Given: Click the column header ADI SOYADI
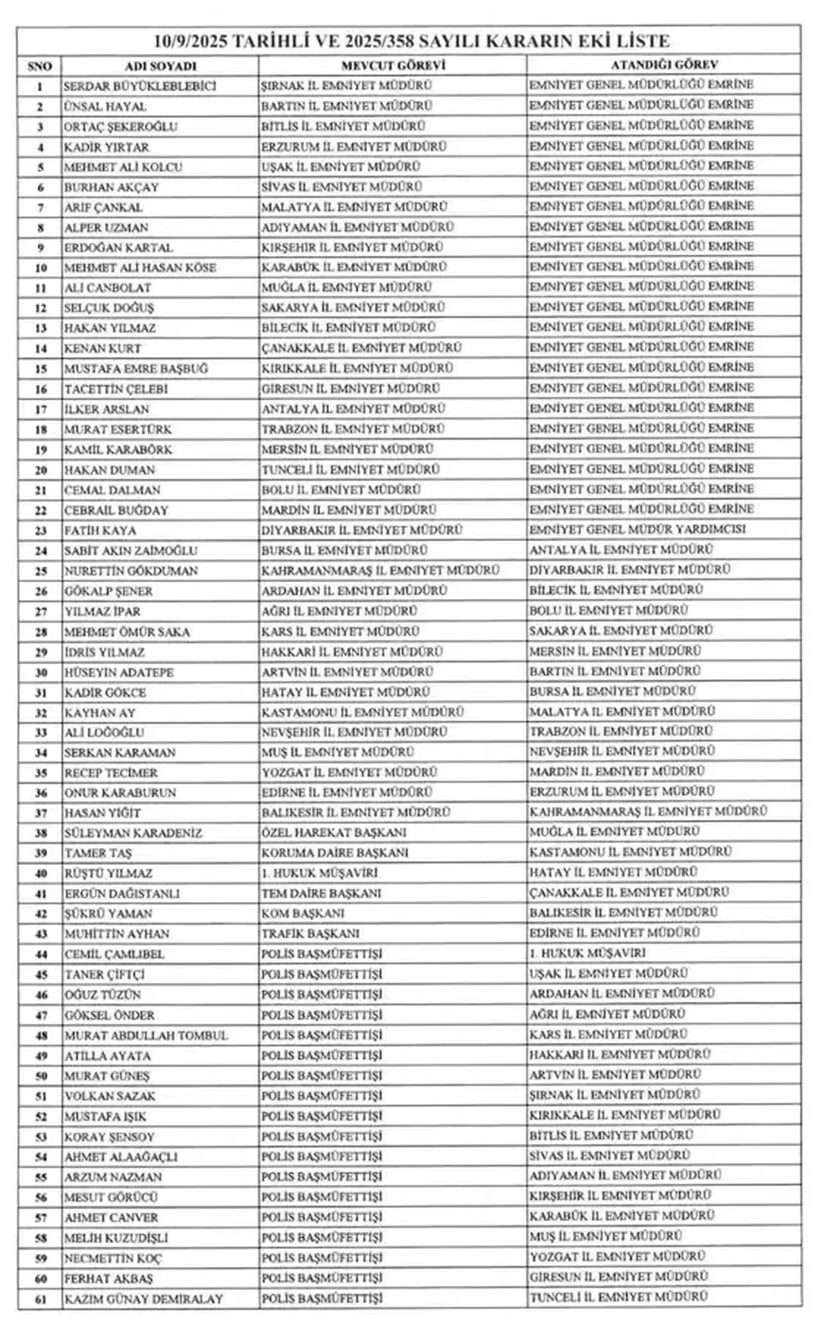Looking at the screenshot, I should point(160,66).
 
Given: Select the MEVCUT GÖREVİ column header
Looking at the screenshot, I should point(393,65).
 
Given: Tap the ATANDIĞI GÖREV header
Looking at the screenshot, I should point(663,65).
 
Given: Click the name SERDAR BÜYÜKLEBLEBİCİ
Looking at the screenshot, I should point(140,86).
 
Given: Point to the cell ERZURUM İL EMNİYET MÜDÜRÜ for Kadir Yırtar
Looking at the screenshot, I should point(353,147).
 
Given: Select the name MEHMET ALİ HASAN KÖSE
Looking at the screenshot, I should point(140,268).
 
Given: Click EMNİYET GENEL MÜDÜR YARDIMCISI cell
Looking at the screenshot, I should point(638,530).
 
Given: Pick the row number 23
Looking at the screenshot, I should point(40,531).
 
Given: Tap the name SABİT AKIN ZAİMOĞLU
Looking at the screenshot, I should point(131,551).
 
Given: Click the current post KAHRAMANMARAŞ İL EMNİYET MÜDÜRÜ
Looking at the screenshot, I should point(380,570).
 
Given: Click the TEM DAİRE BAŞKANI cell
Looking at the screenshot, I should point(321,893).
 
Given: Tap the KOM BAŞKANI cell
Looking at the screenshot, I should point(303,913).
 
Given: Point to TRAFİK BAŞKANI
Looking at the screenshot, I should point(310,933).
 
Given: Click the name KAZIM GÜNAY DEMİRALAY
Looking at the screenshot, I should point(144,1300).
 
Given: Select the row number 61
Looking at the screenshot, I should point(40,1300).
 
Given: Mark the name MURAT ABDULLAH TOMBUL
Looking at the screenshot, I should point(146,1035).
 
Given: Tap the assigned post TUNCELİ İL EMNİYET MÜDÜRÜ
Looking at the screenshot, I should point(618,1297).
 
